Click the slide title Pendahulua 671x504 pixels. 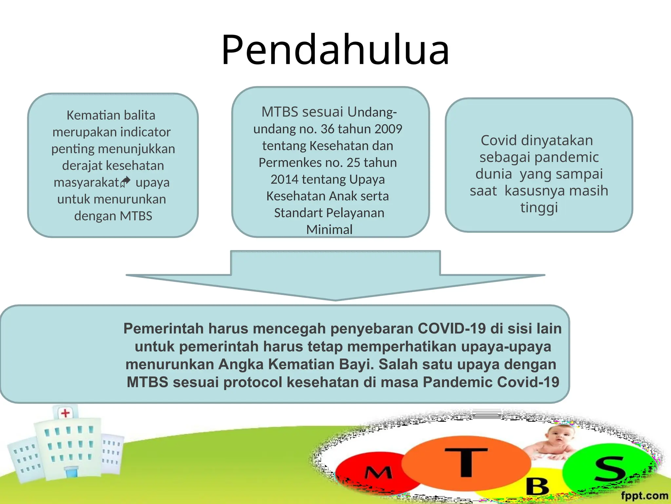point(335,50)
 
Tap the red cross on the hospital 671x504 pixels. point(66,413)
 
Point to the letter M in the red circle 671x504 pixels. point(378,473)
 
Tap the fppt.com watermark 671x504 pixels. point(644,495)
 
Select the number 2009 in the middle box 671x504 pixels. point(388,129)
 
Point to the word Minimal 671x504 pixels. point(329,229)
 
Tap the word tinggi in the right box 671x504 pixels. point(539,207)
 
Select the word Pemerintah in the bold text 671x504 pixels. point(163,328)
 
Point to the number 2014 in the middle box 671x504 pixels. point(284,179)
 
